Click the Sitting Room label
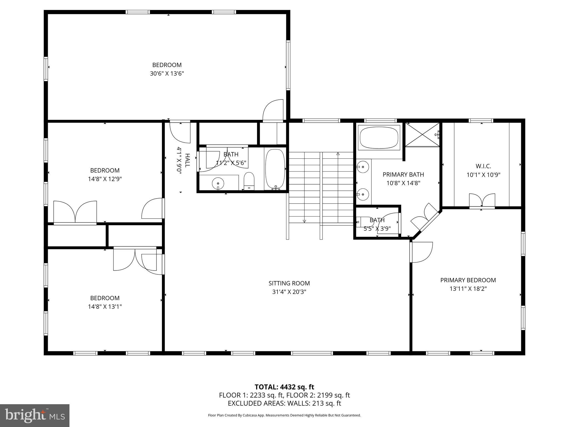(x=289, y=283)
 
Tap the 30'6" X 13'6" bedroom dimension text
(x=167, y=74)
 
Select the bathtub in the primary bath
(x=379, y=138)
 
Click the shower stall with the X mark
(x=422, y=135)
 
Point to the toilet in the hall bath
(x=249, y=180)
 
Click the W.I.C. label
(x=483, y=166)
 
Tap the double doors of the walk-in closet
(x=482, y=200)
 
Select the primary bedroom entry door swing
(x=421, y=252)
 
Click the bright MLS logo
(x=35, y=415)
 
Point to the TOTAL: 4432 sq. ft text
(x=284, y=387)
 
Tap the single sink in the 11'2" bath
(x=218, y=183)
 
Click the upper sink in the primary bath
(x=363, y=167)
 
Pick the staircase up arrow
(x=338, y=153)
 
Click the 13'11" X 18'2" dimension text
(x=468, y=289)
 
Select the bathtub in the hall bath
(x=275, y=169)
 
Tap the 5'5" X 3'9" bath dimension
(x=377, y=229)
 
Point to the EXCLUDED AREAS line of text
(x=284, y=403)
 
